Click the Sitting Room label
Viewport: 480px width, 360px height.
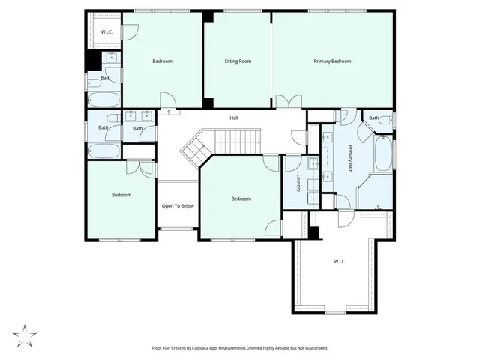point(238,61)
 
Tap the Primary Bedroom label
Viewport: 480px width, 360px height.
point(332,61)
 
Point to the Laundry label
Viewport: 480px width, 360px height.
point(298,183)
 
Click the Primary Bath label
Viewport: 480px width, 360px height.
point(350,159)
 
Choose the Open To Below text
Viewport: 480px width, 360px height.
point(178,206)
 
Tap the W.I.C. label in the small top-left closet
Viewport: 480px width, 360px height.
point(106,31)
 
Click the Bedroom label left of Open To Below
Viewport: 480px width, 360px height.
point(121,195)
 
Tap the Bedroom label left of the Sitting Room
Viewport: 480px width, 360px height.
point(163,61)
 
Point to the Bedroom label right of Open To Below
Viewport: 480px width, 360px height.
point(241,199)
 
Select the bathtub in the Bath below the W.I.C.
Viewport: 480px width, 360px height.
point(101,98)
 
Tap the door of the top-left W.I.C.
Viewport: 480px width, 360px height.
point(130,31)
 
